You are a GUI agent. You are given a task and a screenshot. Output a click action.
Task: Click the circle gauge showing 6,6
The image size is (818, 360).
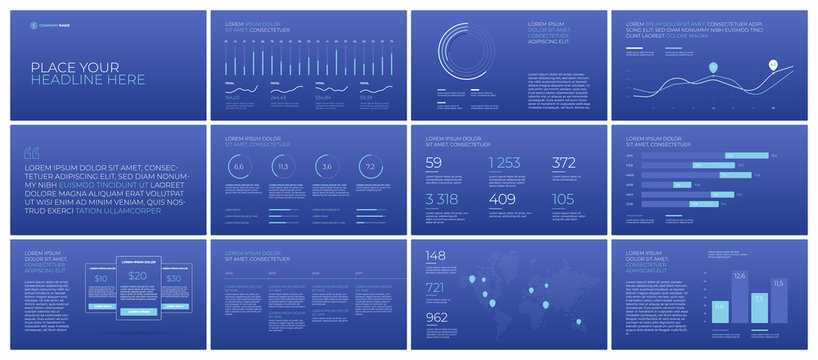pos(239,167)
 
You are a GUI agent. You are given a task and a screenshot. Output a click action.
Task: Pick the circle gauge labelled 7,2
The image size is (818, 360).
pos(370,167)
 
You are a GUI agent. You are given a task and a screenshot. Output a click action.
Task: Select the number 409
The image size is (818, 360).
pos(503,199)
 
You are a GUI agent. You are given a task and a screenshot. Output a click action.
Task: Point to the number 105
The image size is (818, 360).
pos(563,199)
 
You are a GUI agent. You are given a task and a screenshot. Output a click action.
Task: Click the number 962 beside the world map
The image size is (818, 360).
pos(438,318)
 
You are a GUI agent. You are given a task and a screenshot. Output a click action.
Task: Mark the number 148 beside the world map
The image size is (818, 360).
pos(436,255)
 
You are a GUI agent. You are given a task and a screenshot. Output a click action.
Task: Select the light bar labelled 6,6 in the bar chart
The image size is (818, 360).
pos(720,314)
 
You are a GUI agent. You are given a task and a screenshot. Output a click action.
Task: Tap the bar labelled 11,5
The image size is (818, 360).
pos(778,307)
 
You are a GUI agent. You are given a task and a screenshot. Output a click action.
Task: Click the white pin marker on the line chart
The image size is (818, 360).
pos(773,65)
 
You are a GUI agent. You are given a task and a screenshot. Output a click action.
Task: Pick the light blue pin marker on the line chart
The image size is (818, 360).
pos(713,68)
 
